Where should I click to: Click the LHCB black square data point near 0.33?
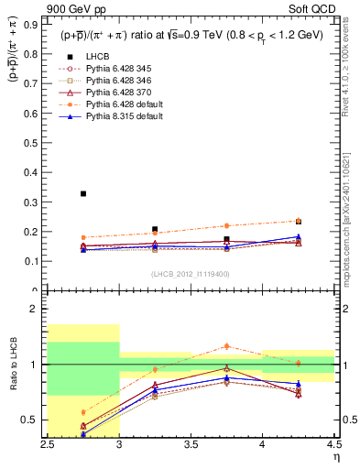[x=83, y=193]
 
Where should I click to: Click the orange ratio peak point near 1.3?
[x=226, y=345]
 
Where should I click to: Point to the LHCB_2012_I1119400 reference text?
[x=191, y=274]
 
